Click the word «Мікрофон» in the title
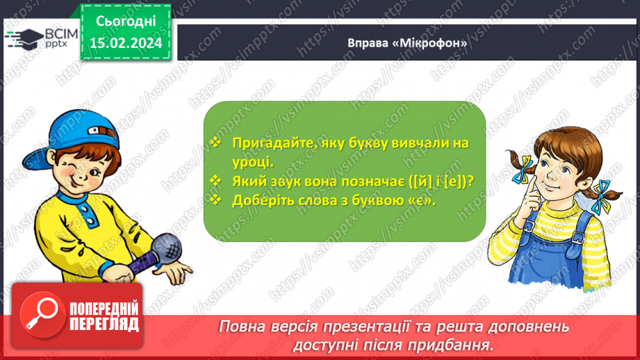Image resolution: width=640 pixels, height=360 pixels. [430, 42]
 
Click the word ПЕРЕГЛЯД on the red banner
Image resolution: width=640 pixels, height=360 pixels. [102, 324]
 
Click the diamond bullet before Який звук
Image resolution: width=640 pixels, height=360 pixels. [216, 181]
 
